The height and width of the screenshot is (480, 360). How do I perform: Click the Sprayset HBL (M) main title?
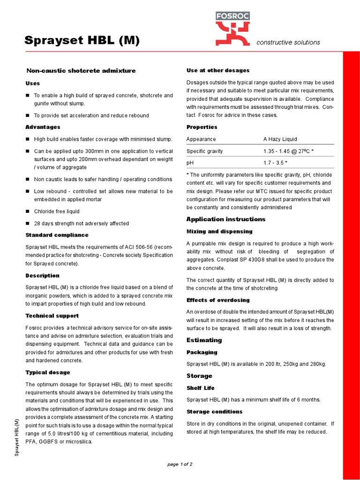click(x=82, y=41)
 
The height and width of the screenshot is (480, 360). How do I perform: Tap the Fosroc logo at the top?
click(x=232, y=29)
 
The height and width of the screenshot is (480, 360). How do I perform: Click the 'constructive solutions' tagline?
click(x=288, y=42)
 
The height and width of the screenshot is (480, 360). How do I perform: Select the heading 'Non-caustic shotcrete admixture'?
click(x=81, y=71)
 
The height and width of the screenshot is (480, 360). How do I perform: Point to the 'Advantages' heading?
click(x=43, y=127)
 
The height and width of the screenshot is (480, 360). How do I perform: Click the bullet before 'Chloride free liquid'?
click(x=28, y=211)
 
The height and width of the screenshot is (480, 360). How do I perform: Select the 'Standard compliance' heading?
click(x=57, y=235)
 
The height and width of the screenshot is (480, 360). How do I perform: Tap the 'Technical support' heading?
click(x=52, y=316)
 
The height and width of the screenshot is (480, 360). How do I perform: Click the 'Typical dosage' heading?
click(x=48, y=372)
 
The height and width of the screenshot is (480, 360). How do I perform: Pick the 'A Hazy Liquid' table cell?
click(x=280, y=139)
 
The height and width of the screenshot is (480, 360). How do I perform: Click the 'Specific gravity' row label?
click(x=205, y=151)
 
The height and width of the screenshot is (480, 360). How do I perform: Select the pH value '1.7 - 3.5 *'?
click(x=275, y=163)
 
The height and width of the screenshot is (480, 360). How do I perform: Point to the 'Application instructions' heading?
click(x=226, y=219)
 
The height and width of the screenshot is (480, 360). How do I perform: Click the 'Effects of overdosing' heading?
click(x=218, y=300)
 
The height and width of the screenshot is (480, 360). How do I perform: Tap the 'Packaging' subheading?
click(x=202, y=352)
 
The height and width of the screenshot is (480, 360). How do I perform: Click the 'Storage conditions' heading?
click(x=214, y=412)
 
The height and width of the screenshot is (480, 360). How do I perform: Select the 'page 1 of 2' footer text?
click(x=180, y=464)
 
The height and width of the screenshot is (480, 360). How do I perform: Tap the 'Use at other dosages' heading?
click(x=218, y=70)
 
